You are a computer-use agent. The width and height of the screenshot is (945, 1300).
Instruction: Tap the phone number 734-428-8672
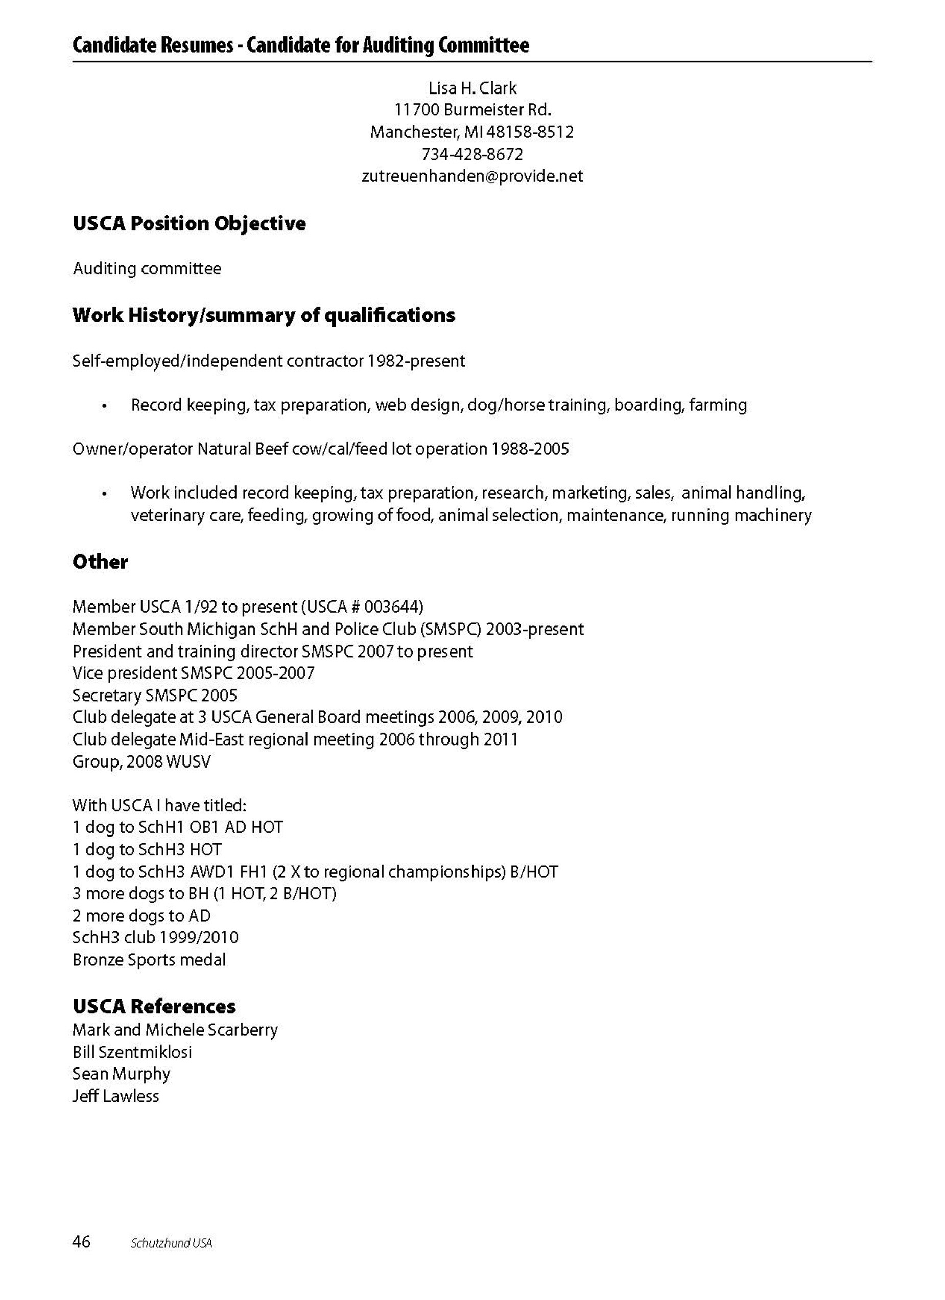point(472,154)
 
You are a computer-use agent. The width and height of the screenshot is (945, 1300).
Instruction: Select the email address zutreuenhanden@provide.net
point(472,176)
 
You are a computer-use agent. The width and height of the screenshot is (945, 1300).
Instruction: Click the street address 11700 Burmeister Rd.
point(472,110)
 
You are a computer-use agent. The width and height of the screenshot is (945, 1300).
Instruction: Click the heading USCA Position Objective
point(189,223)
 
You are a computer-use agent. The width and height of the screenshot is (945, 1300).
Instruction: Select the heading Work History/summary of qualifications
point(264,315)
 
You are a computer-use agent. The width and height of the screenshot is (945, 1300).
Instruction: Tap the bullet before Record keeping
point(104,406)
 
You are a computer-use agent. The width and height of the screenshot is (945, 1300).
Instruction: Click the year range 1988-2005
point(530,449)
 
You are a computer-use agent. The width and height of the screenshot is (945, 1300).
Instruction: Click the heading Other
point(100,562)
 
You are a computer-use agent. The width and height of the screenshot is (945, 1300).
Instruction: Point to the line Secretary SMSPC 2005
point(154,695)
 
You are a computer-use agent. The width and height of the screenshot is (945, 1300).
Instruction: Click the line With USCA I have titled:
point(159,806)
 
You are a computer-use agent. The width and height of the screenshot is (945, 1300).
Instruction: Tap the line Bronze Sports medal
point(149,960)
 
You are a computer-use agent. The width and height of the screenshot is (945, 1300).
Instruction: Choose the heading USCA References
point(154,1006)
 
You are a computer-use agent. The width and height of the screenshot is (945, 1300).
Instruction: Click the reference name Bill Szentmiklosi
point(132,1052)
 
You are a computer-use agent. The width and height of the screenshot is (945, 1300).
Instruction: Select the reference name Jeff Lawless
point(115,1097)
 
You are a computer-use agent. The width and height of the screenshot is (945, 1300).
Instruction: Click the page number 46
point(81,1242)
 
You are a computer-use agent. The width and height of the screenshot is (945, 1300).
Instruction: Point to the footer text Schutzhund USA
point(171,1243)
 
